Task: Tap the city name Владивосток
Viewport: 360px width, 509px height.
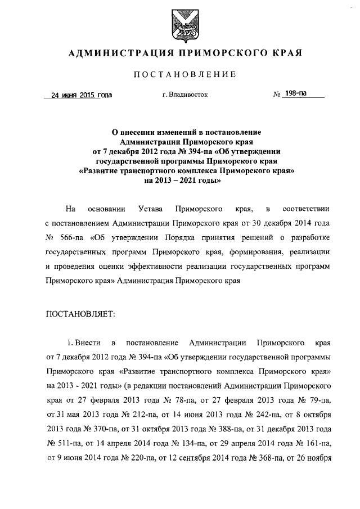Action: pyautogui.click(x=184, y=95)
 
